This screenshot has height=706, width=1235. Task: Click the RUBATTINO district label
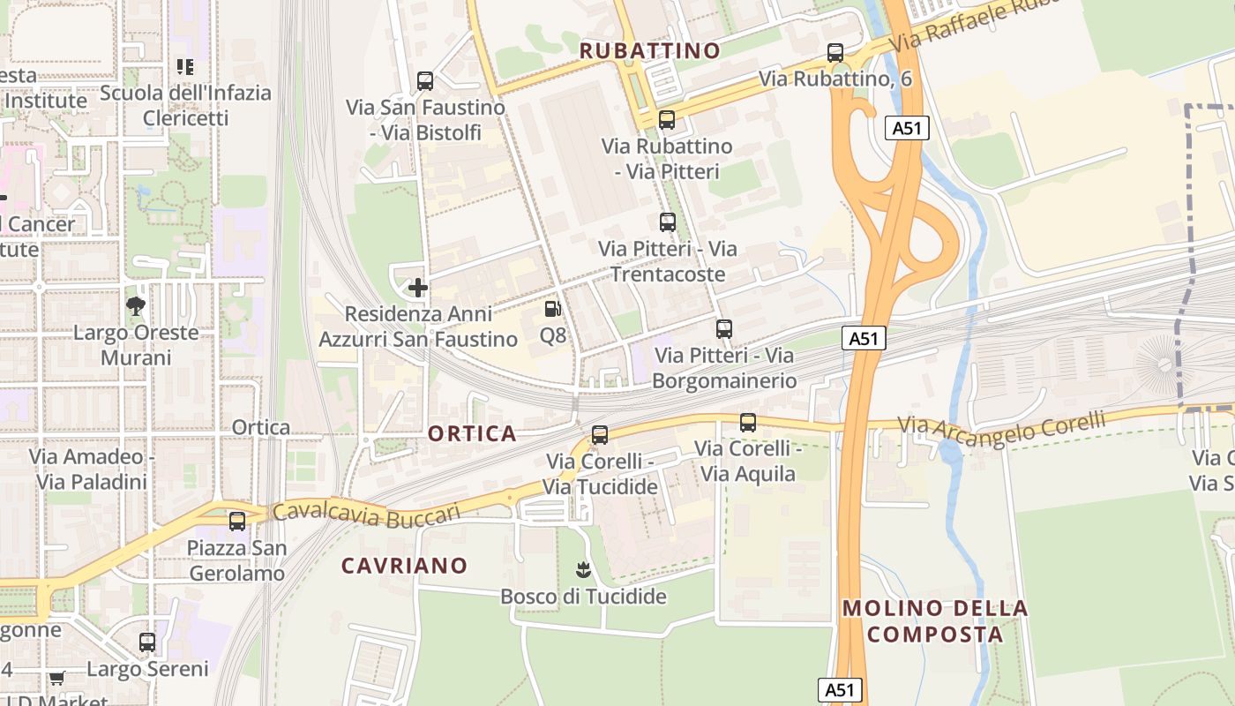649,50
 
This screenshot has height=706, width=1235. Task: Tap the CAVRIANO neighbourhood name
404,566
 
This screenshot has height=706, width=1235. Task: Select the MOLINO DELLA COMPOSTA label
935,620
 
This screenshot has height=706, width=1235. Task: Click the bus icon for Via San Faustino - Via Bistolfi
425,81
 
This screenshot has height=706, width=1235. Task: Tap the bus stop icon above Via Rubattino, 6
835,53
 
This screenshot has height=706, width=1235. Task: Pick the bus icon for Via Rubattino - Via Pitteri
667,120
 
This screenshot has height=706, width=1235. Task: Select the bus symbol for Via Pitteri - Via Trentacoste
668,222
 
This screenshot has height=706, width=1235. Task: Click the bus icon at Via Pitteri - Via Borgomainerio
724,329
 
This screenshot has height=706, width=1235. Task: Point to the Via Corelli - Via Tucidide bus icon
600,434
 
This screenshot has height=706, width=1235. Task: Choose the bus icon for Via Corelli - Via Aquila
748,423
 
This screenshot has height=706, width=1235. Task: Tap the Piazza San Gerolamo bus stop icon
236,522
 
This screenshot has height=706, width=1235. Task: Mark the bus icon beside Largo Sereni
147,642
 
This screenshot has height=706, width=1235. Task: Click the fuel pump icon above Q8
553,309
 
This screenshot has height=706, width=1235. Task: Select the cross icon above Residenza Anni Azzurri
418,287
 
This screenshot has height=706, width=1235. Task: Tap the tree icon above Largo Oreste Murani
136,306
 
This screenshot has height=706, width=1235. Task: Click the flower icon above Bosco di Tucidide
582,570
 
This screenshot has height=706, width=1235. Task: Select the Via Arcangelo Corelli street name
1001,424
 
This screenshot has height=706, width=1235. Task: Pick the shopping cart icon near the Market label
57,679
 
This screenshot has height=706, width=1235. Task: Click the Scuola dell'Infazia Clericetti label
185,105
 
